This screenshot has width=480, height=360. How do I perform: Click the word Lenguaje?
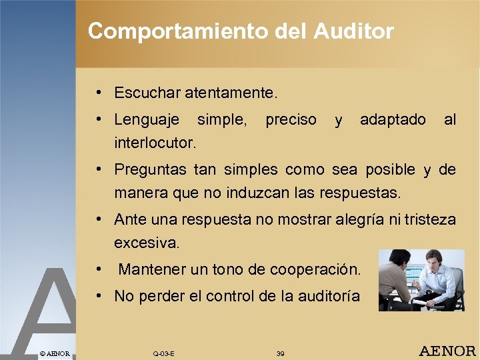click(147, 120)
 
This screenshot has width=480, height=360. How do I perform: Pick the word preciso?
click(291, 120)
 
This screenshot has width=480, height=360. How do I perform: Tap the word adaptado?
click(393, 120)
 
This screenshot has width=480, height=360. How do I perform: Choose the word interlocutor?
click(155, 143)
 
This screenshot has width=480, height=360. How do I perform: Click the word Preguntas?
click(151, 170)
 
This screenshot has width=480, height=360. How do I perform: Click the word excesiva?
click(147, 243)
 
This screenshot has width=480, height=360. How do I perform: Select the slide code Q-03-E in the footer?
click(163, 353)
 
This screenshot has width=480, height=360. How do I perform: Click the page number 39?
click(280, 353)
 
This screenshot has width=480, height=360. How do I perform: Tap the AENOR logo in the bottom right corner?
click(447, 351)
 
